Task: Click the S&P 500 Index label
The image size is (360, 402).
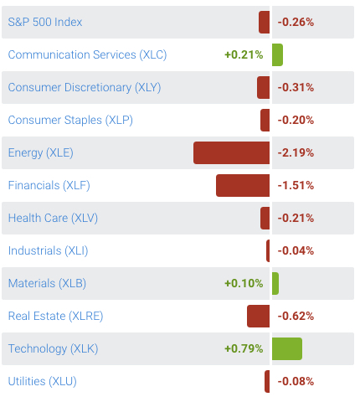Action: [45, 22]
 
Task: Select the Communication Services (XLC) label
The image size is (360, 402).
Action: [87, 54]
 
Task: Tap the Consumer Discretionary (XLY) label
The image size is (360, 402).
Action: [84, 87]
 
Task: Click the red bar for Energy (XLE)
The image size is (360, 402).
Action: [231, 152]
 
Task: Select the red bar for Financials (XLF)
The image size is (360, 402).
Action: [243, 185]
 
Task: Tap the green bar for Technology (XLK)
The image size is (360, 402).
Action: [286, 348]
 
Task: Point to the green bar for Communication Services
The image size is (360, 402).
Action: [277, 54]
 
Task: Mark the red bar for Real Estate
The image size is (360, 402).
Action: [258, 316]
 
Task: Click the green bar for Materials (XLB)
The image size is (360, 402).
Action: [275, 283]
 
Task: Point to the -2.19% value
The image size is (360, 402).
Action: [296, 152]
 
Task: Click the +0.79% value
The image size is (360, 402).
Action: [244, 348]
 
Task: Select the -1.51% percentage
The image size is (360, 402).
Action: [296, 185]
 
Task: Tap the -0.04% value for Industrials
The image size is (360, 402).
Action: [296, 250]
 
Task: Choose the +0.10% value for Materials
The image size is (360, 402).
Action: [244, 283]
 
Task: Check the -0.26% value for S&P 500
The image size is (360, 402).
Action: [296, 22]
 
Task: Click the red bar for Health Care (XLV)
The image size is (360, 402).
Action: [265, 218]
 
